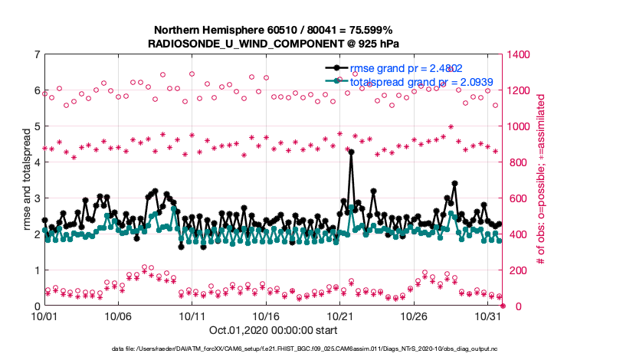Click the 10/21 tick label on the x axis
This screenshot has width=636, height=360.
tap(340, 316)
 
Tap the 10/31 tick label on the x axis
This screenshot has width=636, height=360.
tap(488, 316)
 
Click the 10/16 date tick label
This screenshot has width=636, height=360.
tap(266, 316)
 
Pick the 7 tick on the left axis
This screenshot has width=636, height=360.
tap(37, 54)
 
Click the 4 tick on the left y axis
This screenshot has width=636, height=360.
tap(37, 162)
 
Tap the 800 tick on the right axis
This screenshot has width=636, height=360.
tap(517, 162)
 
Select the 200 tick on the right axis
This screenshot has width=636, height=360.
tap(517, 270)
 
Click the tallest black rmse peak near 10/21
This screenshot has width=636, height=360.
tap(351, 152)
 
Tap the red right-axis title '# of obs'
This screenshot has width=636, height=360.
tap(541, 180)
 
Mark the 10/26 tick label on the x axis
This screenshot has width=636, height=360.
tap(414, 316)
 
